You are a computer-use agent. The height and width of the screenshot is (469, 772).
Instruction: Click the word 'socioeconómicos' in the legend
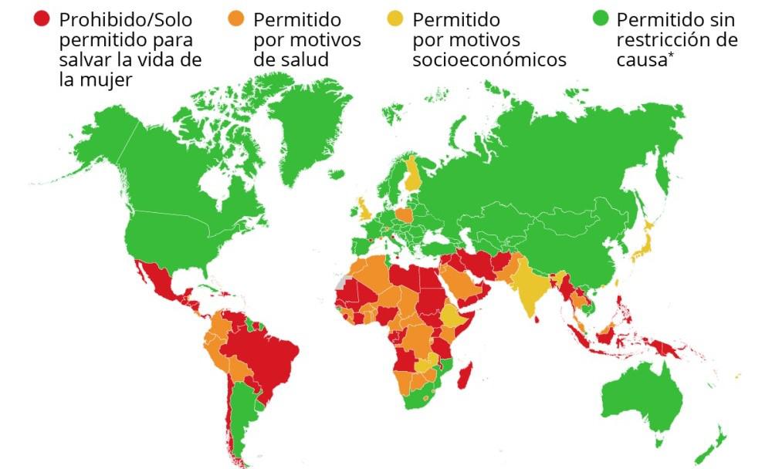pos(489,60)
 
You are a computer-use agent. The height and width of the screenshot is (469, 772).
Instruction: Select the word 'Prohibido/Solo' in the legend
pos(125,19)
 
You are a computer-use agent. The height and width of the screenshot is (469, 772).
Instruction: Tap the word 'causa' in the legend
pos(640,60)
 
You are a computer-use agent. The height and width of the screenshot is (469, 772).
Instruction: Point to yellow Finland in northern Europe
pos(414,174)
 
